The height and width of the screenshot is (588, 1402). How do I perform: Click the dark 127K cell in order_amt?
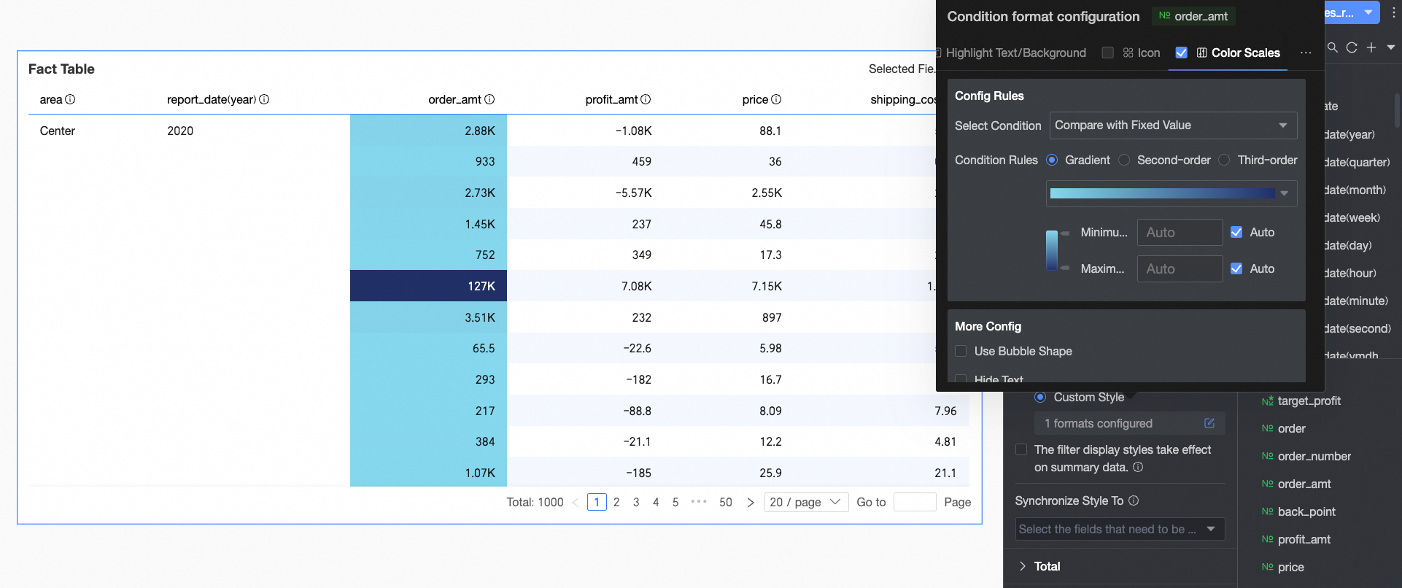tap(428, 286)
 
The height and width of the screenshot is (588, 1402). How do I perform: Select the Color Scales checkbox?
tap(1182, 53)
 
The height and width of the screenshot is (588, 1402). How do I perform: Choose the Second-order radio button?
tap(1124, 160)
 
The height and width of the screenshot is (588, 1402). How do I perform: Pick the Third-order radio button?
tap(1224, 160)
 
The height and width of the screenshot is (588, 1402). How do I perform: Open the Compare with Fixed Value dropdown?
tap(1173, 125)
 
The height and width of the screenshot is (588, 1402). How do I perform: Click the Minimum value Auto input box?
tap(1180, 233)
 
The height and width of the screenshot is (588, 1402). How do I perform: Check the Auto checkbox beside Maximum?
tap(1236, 268)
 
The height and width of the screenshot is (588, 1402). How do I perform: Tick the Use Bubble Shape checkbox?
tap(961, 351)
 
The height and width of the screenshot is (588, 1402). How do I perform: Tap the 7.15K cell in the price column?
tap(767, 286)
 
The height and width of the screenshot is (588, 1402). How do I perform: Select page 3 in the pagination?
tap(636, 502)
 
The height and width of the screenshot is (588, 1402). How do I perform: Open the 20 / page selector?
tap(806, 502)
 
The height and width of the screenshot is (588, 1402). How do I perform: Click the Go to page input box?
tap(914, 502)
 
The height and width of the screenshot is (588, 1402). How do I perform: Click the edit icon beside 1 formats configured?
tap(1209, 423)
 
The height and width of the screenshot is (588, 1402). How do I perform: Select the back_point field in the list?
tap(1306, 511)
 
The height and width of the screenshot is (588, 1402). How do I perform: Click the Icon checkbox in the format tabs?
tap(1108, 53)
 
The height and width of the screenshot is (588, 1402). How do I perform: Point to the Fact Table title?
tap(61, 69)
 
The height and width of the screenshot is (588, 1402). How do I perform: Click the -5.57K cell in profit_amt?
tap(633, 193)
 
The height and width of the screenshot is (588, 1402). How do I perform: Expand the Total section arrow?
tap(1023, 566)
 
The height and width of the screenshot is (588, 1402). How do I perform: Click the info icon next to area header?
tap(70, 99)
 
